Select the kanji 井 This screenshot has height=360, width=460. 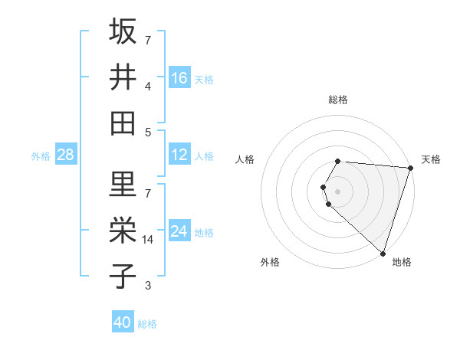(x=123, y=77)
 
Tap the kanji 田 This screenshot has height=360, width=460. (x=123, y=123)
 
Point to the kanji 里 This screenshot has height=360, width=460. (x=123, y=184)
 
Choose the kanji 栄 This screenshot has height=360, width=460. (x=123, y=230)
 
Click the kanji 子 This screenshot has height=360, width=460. (x=123, y=276)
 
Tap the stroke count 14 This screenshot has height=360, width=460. (x=149, y=240)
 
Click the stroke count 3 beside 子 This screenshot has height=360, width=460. (x=149, y=286)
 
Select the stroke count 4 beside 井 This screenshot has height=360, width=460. (x=149, y=86)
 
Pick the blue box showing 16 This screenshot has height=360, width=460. (x=179, y=77)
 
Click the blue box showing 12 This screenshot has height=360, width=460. (x=179, y=155)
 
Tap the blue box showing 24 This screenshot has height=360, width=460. (x=179, y=231)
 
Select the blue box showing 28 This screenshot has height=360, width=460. (x=65, y=155)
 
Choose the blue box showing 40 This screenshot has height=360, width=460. (x=123, y=322)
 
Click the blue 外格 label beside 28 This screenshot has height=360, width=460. (x=41, y=156)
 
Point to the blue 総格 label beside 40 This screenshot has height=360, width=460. (x=147, y=324)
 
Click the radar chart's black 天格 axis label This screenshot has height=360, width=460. (x=431, y=159)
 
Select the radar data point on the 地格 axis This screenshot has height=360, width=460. (x=383, y=253)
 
